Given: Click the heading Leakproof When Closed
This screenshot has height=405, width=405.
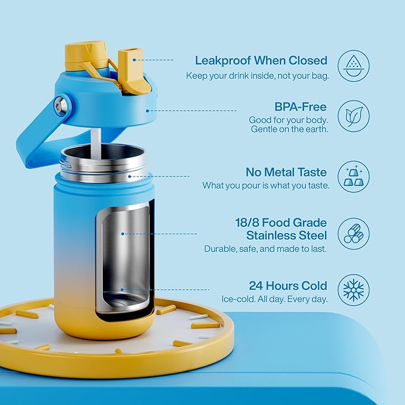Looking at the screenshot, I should click(x=261, y=60).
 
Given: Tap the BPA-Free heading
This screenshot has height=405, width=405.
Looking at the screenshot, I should click(x=301, y=107).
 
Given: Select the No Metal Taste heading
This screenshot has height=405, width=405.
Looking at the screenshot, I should click(x=286, y=172).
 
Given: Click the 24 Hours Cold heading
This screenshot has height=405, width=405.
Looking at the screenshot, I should click(x=288, y=285).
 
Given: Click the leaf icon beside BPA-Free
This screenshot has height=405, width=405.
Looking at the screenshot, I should click(x=354, y=116).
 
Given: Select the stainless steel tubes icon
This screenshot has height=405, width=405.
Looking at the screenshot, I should click(x=354, y=233).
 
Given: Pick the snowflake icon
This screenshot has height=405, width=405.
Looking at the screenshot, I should click(x=354, y=290).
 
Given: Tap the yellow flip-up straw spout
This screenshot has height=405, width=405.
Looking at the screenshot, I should click(x=133, y=70).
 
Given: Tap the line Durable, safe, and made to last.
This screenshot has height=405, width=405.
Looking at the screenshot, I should click(x=265, y=249).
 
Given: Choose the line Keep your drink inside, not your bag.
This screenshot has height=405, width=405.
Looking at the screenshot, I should click(x=256, y=76).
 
